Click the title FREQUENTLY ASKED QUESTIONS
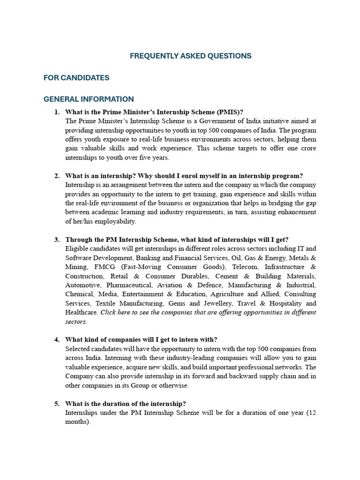pyautogui.click(x=190, y=56)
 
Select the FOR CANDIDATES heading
pyautogui.click(x=76, y=78)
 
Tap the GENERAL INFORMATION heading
pyautogui.click(x=89, y=99)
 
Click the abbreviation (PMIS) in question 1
pyautogui.click(x=230, y=112)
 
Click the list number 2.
pyautogui.click(x=57, y=176)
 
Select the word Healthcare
pyautogui.click(x=81, y=313)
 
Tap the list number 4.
pyautogui.click(x=57, y=340)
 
